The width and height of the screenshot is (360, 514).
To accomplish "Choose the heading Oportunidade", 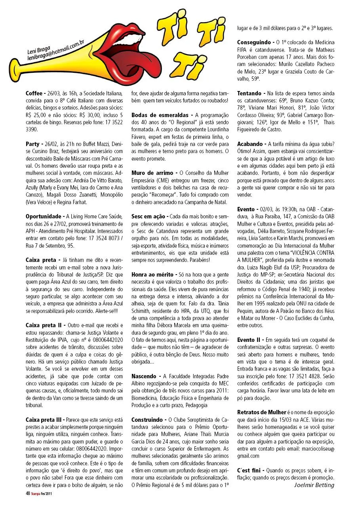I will pos(43,216).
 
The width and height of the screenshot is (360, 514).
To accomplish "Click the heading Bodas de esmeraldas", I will pos(160,115).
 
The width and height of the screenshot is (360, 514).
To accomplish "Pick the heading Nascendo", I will pos(144,376).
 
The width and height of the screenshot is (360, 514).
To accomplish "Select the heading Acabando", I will pos(251,144).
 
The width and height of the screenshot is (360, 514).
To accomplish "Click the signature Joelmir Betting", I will pos(314,485).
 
